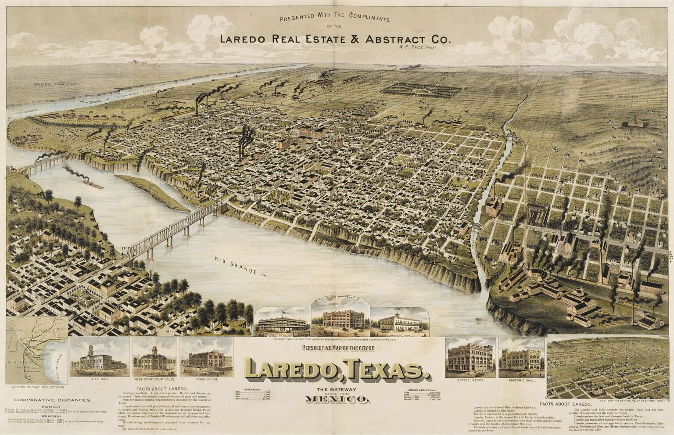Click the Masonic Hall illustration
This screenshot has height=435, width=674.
coord(520,359)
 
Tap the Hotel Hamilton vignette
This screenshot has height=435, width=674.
coord(282,323)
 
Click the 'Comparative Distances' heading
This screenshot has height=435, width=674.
coord(53,400)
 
